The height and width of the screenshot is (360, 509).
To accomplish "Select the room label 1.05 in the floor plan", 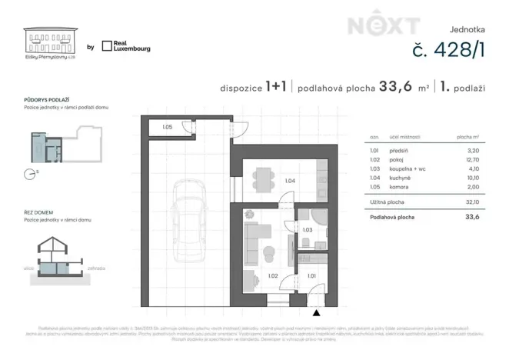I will (x=167, y=128).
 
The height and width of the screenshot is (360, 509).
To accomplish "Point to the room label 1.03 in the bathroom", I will (x=306, y=230).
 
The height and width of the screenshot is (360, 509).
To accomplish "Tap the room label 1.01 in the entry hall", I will (x=312, y=275).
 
